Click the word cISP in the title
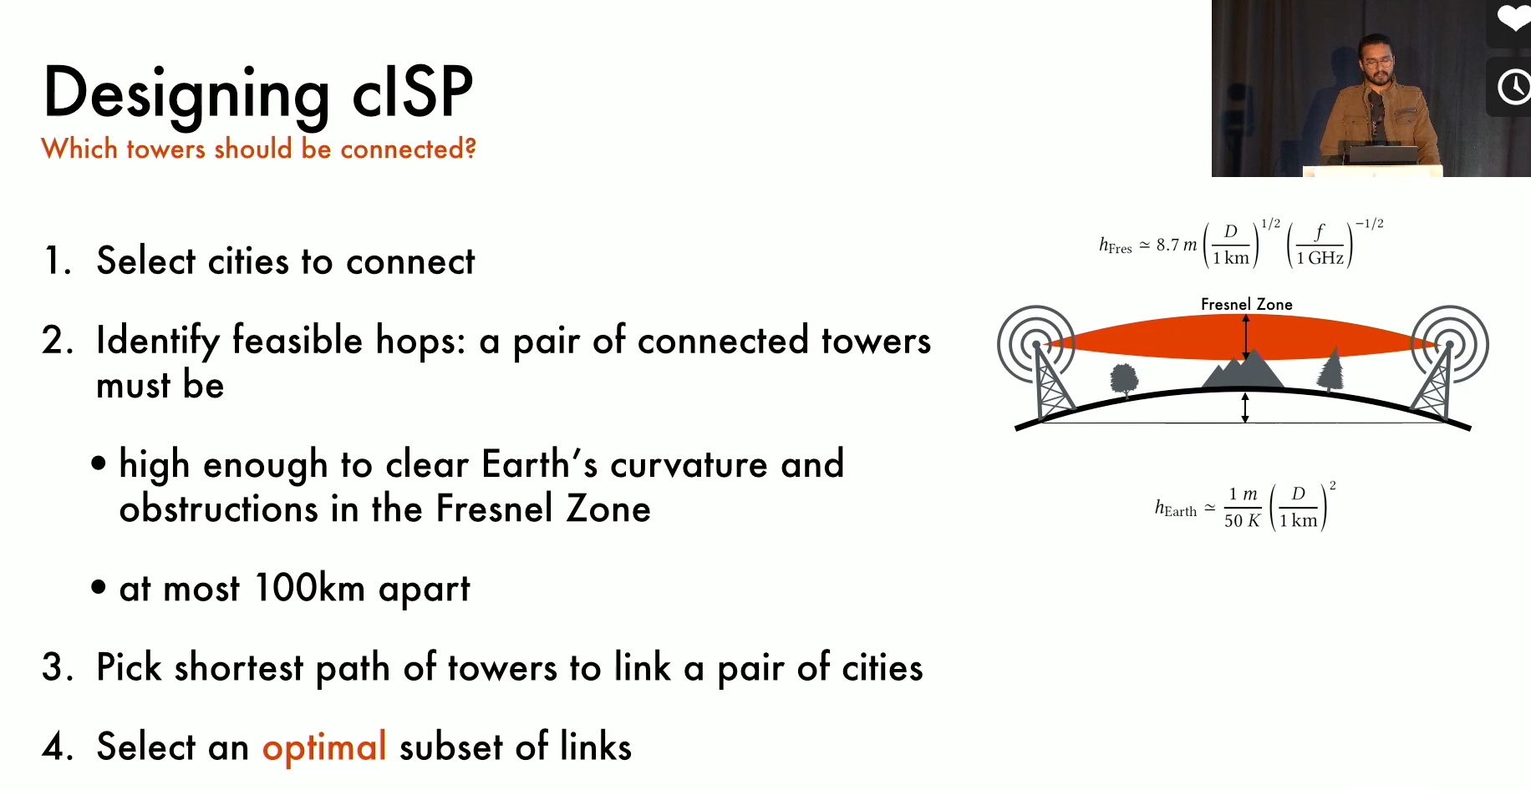(x=413, y=91)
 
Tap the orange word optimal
(x=324, y=747)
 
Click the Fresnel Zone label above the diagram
(x=1246, y=305)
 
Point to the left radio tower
(x=1046, y=376)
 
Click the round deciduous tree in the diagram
(x=1124, y=378)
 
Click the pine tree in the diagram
(x=1331, y=369)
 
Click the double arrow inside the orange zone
(x=1246, y=337)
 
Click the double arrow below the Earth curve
(x=1244, y=408)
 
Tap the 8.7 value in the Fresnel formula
(x=1167, y=245)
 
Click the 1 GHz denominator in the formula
(x=1320, y=258)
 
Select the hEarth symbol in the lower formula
(x=1176, y=508)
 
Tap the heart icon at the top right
(x=1513, y=18)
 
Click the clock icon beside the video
(x=1513, y=87)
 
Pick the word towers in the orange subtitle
(x=165, y=149)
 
